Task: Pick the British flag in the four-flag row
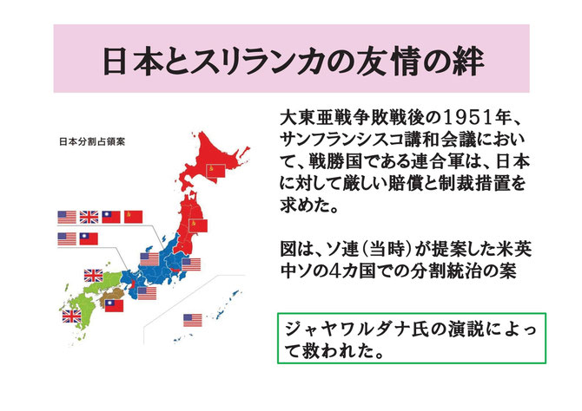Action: pyautogui.click(x=89, y=217)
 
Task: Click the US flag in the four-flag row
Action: pyautogui.click(x=67, y=217)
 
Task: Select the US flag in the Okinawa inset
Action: pyautogui.click(x=193, y=319)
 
